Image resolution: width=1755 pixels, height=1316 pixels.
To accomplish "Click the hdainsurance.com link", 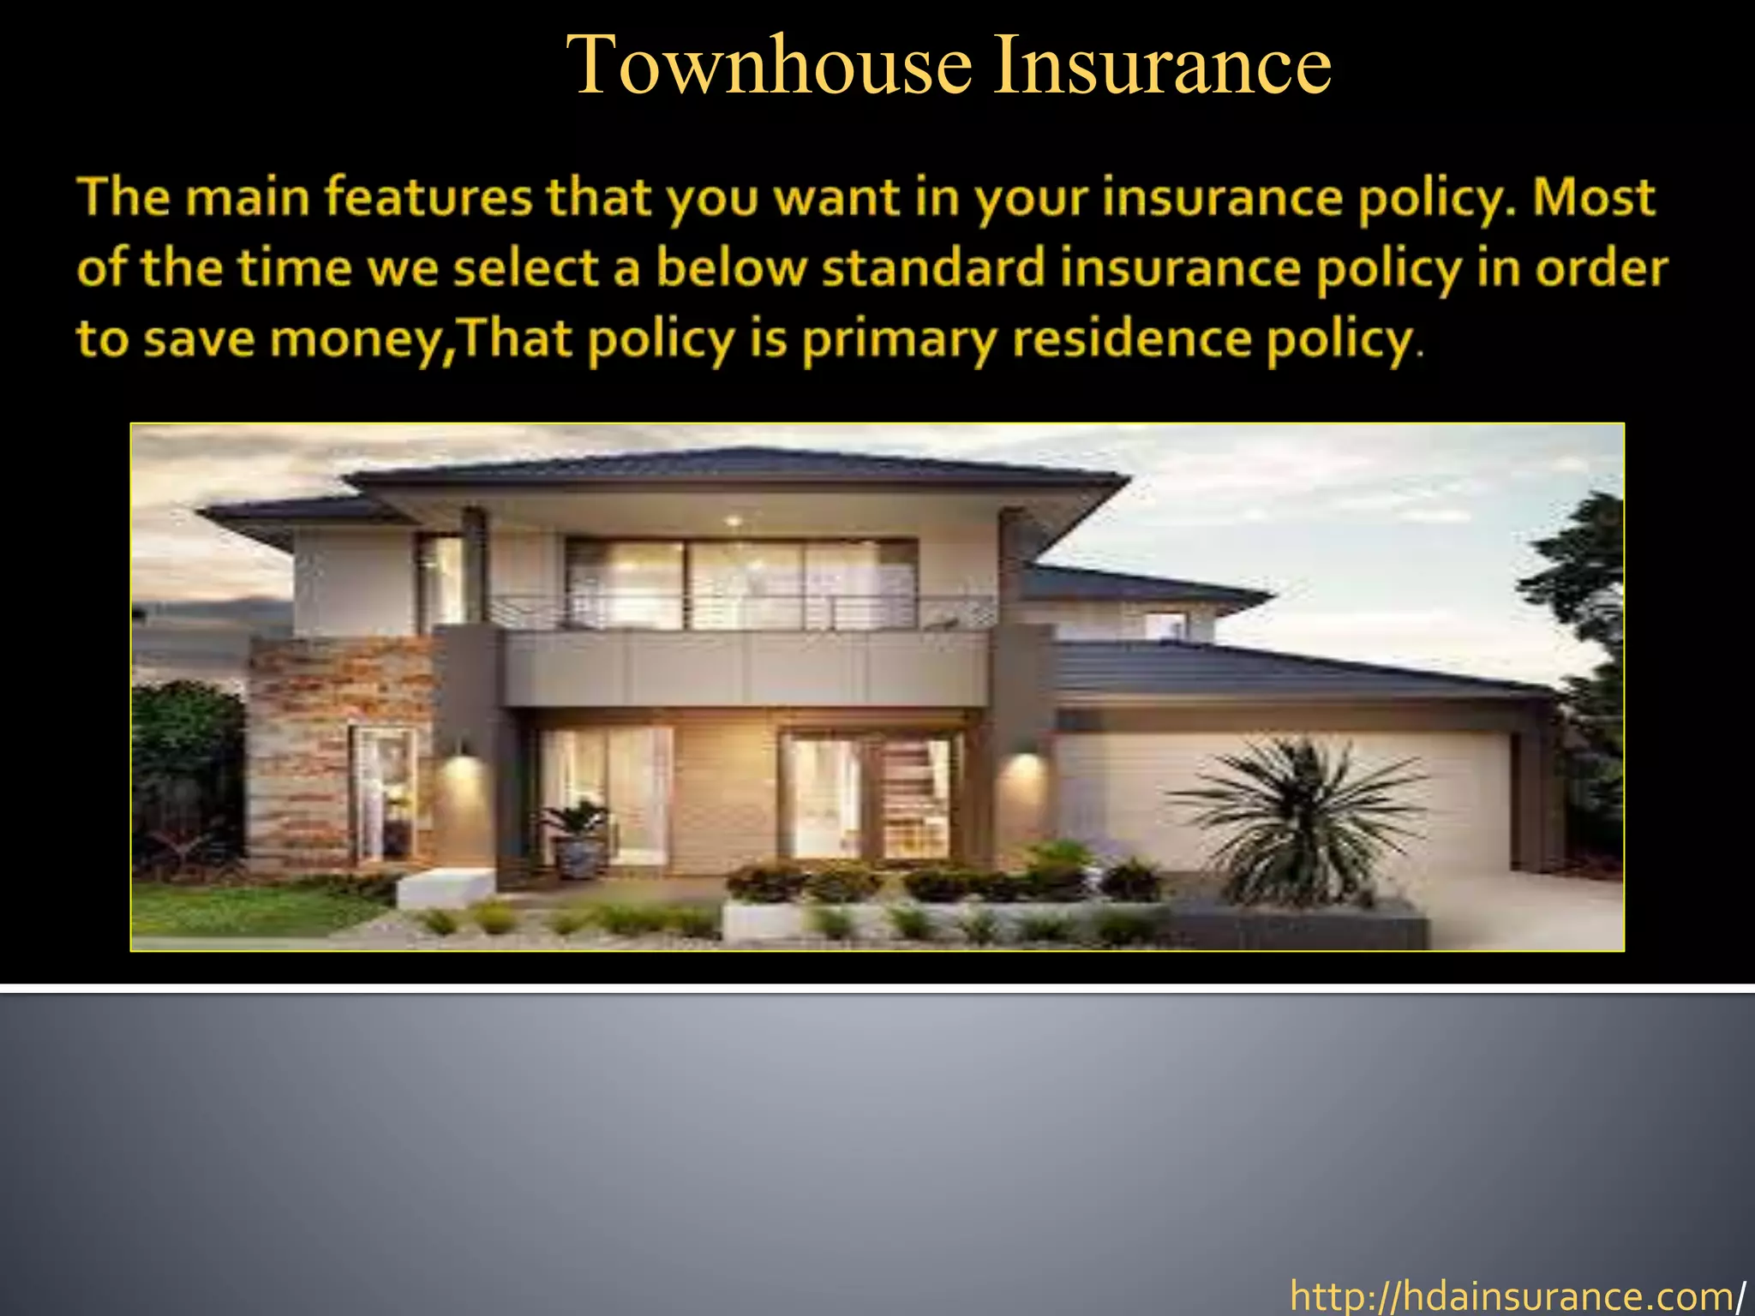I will point(1512,1296).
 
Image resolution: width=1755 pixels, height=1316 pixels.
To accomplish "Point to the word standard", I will point(933,268).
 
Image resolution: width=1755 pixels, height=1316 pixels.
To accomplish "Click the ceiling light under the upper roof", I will point(733,520).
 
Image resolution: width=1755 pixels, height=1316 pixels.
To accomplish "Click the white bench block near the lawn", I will point(446,887).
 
